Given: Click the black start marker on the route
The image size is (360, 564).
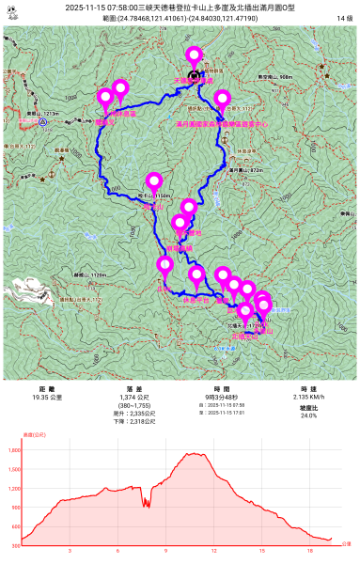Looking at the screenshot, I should pyautogui.click(x=194, y=76).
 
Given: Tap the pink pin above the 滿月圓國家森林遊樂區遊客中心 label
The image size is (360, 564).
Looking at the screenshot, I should pyautogui.click(x=222, y=98).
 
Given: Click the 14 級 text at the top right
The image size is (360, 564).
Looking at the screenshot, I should pyautogui.click(x=344, y=19).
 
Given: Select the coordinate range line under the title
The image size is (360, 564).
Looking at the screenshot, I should pyautogui.click(x=180, y=19).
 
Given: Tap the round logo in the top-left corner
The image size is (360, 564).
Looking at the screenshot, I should pyautogui.click(x=12, y=11).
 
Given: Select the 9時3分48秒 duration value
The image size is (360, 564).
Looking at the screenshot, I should pyautogui.click(x=222, y=398).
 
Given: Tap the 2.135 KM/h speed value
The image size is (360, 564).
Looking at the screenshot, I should pyautogui.click(x=308, y=398).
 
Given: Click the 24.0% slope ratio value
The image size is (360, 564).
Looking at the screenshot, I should pyautogui.click(x=308, y=415).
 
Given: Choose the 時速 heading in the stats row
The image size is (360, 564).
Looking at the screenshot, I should pyautogui.click(x=308, y=388).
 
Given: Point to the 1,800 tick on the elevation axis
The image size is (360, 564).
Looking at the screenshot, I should pyautogui.click(x=13, y=450).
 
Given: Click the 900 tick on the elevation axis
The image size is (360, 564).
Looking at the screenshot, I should pyautogui.click(x=15, y=508).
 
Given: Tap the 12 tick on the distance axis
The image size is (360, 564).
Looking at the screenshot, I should pyautogui.click(x=213, y=551).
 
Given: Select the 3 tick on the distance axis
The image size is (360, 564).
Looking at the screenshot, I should pyautogui.click(x=70, y=551).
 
